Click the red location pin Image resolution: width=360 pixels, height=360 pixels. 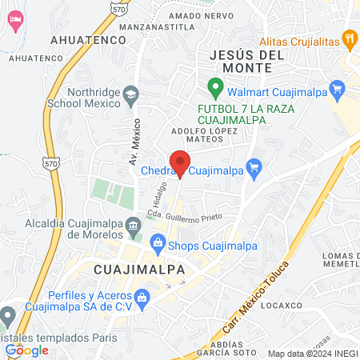180,162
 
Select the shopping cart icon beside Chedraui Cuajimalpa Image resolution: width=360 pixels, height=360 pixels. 255,167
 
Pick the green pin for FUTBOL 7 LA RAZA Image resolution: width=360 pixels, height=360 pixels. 214,86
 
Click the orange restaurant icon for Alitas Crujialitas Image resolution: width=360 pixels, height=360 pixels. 349,37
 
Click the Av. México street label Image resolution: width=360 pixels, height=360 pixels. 134,142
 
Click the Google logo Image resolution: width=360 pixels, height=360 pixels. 27,349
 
